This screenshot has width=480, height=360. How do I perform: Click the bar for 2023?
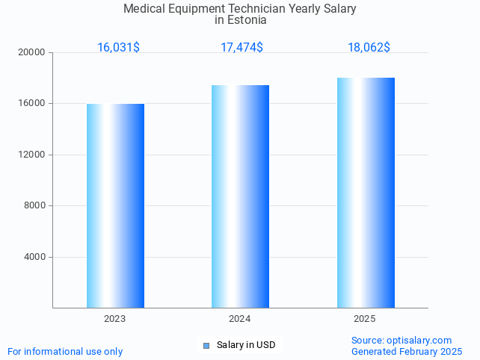point(115,205)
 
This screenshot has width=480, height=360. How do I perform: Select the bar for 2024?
point(240,196)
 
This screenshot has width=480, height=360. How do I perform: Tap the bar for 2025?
point(366,193)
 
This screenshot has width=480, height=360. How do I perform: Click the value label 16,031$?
point(118,48)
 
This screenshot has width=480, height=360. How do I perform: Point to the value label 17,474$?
point(241,48)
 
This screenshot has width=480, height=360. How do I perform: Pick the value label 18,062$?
point(369,48)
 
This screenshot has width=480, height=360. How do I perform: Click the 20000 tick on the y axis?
point(33,53)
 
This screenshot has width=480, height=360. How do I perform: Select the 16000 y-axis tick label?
point(33,104)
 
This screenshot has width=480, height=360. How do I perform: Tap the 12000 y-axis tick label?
point(33,155)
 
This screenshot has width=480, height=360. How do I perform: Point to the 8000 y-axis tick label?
point(35,206)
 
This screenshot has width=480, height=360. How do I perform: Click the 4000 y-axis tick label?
point(35,257)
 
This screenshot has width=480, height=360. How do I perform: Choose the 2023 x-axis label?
point(115,319)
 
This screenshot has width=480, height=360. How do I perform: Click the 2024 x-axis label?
point(240,319)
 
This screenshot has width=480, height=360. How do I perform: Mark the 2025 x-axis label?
point(365,319)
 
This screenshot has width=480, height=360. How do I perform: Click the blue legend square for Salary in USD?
point(206,345)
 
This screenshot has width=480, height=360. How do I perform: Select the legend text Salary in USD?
point(246,345)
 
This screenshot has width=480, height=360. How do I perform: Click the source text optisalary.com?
point(419,341)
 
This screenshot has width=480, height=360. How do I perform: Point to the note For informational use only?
point(65,352)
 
